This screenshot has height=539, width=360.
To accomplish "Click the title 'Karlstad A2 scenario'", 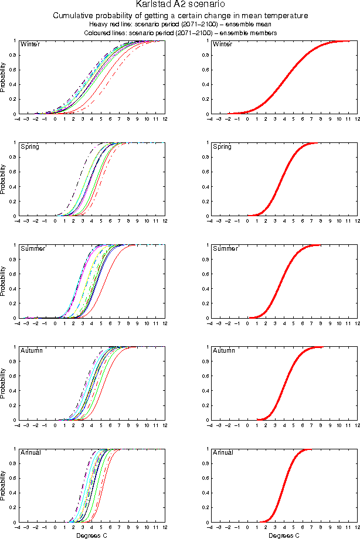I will [180, 5].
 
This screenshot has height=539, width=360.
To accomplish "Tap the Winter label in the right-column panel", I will [222, 45].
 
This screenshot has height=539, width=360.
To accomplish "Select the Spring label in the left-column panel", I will [29, 146].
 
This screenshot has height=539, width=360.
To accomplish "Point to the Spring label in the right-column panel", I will [222, 146].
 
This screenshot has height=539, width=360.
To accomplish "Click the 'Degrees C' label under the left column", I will [92, 535].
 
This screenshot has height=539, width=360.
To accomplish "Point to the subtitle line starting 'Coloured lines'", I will [180, 33].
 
